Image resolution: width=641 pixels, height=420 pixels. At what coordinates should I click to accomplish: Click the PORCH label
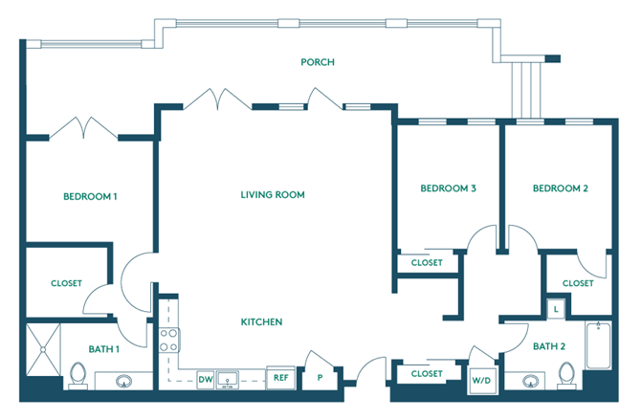point(318,63)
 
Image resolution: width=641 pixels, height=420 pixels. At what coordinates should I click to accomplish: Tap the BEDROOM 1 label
point(90,197)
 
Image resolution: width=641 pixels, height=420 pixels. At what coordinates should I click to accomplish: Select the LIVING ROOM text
point(273,195)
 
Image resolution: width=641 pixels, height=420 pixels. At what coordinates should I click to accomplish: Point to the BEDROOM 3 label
point(449,188)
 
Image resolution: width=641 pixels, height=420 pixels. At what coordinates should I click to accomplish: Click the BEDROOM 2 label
point(560,188)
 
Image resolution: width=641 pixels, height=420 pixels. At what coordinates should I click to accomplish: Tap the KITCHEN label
point(261,322)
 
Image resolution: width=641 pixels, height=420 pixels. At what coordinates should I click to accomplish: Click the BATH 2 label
point(549,346)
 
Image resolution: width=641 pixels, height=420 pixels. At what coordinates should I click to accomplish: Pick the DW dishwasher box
point(206,379)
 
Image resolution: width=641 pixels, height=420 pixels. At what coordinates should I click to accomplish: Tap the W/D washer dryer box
point(480,381)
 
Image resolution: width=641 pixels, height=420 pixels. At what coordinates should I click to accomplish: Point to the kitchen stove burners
point(168,340)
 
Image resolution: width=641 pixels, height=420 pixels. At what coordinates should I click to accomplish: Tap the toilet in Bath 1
point(78,374)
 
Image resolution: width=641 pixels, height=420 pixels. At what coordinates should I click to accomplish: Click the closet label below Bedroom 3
point(426,263)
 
